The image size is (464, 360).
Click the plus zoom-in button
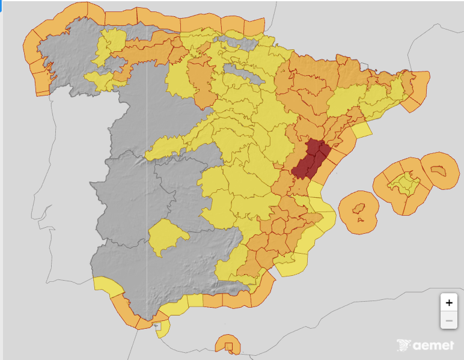coord(448,302)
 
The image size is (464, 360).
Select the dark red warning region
coord(310,159)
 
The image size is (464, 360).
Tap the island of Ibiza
coord(359,210)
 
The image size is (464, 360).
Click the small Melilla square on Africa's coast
coord(228,346)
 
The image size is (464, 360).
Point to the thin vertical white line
coord(147,180)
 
